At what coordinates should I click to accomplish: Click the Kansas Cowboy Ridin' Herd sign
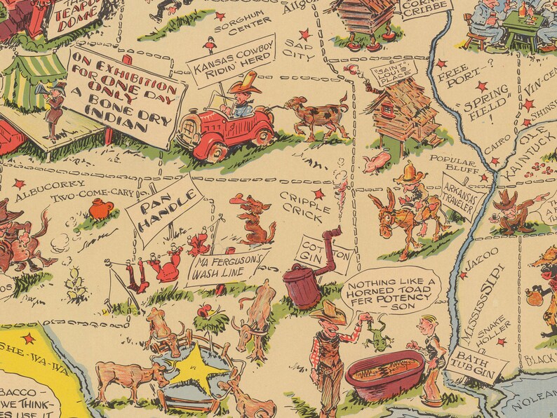(x=233, y=62)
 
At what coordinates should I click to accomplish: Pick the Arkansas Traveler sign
(x=460, y=194)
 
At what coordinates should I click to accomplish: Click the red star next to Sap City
(x=304, y=34)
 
